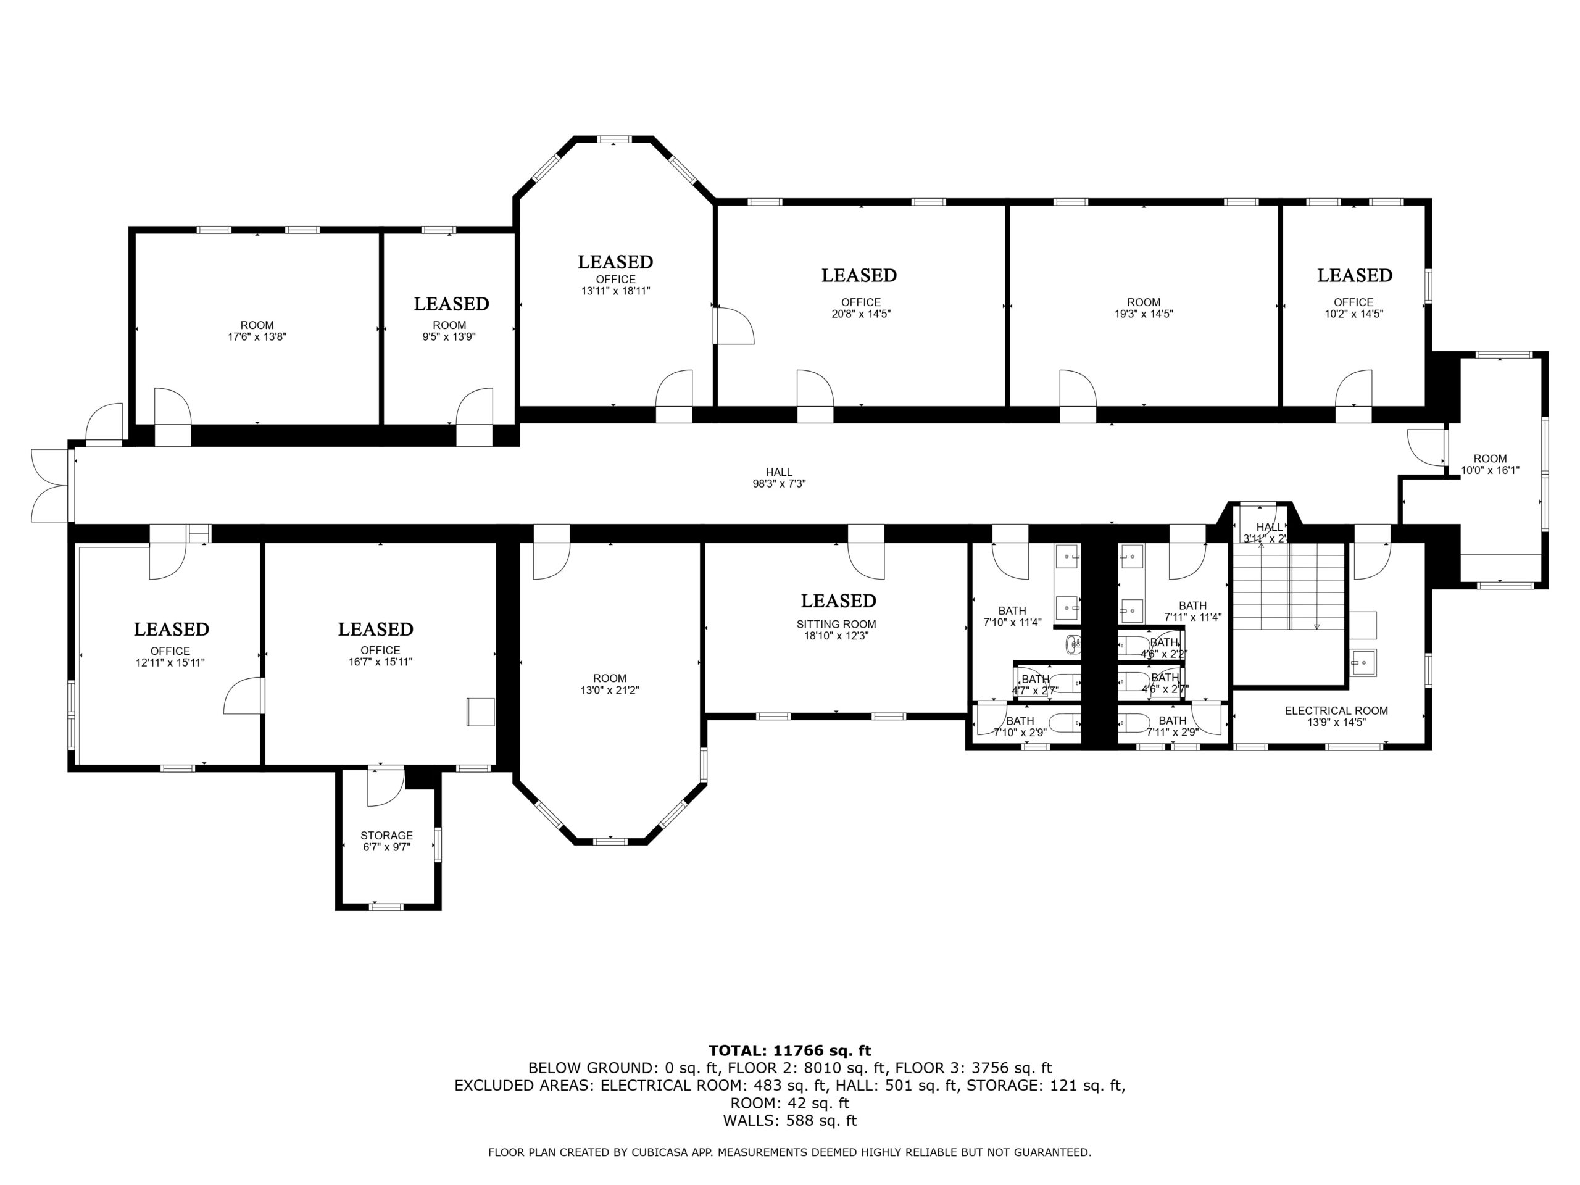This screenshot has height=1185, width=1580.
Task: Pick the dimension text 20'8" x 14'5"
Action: [x=861, y=314]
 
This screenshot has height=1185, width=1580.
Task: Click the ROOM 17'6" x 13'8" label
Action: [x=257, y=331]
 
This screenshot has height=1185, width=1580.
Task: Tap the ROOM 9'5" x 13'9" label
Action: [x=449, y=331]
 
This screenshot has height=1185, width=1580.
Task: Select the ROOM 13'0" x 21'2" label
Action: [x=609, y=684]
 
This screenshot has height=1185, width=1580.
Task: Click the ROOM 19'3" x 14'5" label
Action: [x=1144, y=308]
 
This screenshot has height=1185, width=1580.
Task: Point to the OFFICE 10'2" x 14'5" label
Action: [x=1353, y=308]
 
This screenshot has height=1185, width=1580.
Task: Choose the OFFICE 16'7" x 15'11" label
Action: [x=380, y=655]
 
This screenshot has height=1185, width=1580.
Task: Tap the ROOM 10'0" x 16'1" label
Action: [x=1490, y=464]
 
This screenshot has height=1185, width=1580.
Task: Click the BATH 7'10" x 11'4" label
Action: [x=1012, y=617]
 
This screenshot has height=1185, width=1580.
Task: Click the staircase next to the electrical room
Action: [x=1289, y=587]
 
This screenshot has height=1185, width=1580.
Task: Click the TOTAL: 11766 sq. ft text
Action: [x=790, y=1050]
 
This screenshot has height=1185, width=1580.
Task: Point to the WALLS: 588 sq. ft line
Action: [x=790, y=1121]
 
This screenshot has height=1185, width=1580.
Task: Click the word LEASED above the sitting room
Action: [x=839, y=601]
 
